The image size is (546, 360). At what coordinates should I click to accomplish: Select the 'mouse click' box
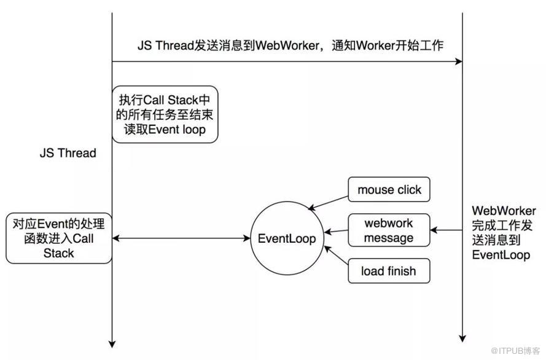389,190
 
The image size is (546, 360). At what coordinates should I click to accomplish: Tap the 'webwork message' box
389,230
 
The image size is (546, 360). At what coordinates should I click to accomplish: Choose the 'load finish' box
389,271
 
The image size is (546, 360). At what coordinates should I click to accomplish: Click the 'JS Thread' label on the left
68,153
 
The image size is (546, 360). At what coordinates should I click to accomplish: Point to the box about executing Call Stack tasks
165,114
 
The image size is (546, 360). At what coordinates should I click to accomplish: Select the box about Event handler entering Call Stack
59,238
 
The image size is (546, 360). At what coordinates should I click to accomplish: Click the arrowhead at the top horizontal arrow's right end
458,61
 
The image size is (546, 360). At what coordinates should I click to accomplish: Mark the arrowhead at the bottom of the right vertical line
462,337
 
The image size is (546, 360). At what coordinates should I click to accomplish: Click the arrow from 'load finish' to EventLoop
336,257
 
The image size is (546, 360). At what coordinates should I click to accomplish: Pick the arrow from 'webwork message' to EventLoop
336,232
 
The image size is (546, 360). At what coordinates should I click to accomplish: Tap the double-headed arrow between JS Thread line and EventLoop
184,238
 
